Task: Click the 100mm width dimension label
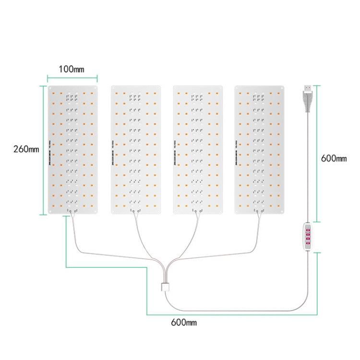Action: tap(71, 69)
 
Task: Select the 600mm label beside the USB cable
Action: tap(333, 158)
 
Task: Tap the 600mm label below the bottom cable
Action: tap(183, 323)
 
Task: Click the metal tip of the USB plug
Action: tap(306, 88)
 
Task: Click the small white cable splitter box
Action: tap(165, 288)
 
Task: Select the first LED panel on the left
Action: tap(73, 150)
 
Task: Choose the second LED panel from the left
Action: tap(135, 150)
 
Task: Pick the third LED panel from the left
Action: tap(197, 150)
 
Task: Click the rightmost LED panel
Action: tap(259, 150)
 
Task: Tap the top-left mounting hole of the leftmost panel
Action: tap(51, 89)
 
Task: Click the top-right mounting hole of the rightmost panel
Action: tap(281, 89)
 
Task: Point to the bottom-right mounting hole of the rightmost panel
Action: tap(281, 210)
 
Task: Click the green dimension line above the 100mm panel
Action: tap(72, 76)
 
